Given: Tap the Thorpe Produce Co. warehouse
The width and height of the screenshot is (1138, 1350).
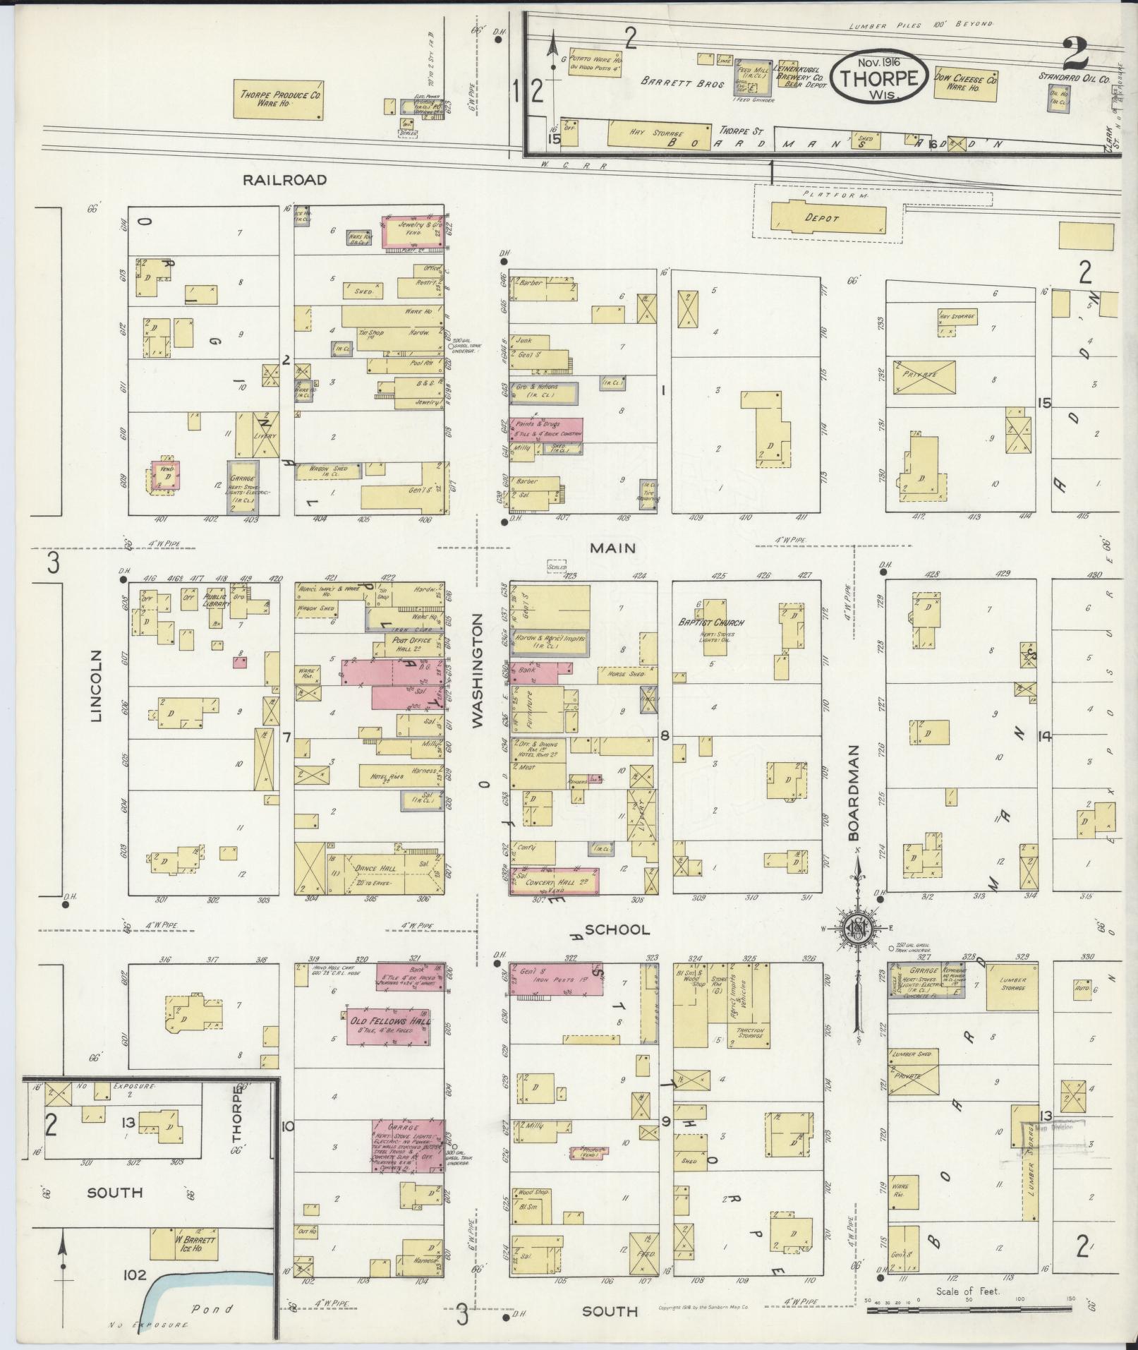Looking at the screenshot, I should pos(279,99).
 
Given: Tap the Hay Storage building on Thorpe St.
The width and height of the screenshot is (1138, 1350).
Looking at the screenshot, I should pos(659,135).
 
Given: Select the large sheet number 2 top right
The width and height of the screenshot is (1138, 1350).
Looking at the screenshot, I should pos(1073,54).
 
